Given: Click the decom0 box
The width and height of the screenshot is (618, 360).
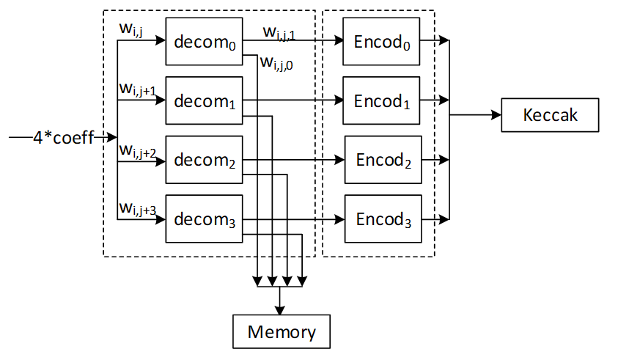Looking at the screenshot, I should (x=205, y=41).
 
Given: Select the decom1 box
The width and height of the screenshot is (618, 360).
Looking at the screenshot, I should (x=205, y=100).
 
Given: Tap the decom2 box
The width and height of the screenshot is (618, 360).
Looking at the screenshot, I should (x=205, y=160).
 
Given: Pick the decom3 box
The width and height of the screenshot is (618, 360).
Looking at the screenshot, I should (x=205, y=218).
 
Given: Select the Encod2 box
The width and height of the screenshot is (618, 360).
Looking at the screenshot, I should (x=383, y=160).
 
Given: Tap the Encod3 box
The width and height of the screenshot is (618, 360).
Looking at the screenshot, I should (x=383, y=218).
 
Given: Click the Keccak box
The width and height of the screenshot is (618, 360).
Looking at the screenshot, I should (x=551, y=115).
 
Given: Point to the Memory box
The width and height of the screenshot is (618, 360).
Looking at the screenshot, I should (x=282, y=331).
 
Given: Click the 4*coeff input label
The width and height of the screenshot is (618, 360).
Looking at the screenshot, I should (x=63, y=137).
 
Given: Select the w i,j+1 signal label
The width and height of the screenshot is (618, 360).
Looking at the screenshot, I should (x=137, y=89).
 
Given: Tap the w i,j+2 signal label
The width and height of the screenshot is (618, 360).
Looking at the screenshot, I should (x=137, y=150).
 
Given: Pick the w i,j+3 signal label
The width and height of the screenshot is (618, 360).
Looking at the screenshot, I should (x=137, y=210).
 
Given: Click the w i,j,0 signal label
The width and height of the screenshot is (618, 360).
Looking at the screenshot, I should (x=278, y=64).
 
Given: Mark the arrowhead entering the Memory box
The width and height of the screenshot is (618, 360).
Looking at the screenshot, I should (x=279, y=309).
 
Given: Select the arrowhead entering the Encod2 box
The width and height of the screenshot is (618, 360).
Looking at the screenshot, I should (x=340, y=160).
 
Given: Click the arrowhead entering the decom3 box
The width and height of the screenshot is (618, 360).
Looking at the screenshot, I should (x=161, y=218).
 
